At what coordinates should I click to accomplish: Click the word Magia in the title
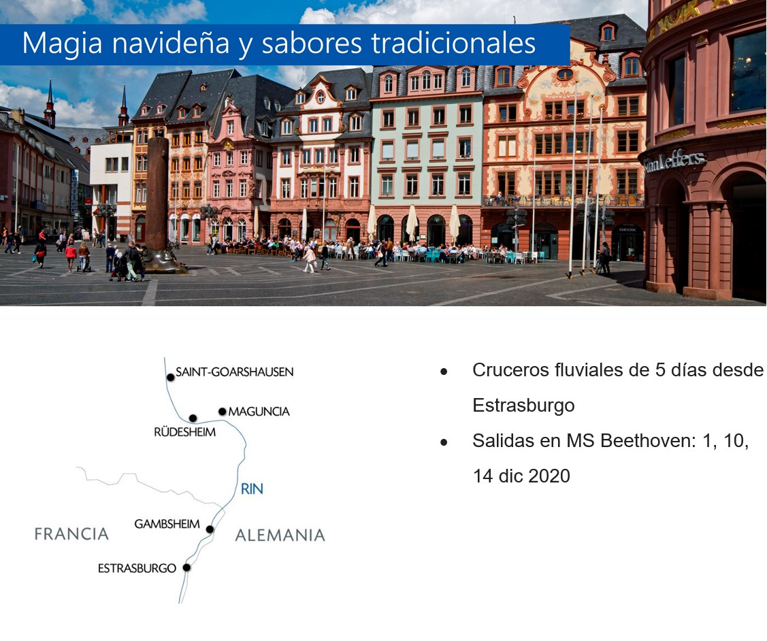pyautogui.click(x=62, y=43)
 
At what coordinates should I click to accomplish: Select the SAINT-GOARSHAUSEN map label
pyautogui.click(x=234, y=372)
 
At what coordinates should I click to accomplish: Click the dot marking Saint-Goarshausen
pyautogui.click(x=170, y=378)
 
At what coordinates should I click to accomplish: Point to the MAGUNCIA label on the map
pyautogui.click(x=259, y=412)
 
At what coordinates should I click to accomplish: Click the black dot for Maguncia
pyautogui.click(x=222, y=412)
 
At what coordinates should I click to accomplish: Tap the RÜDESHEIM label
pyautogui.click(x=184, y=431)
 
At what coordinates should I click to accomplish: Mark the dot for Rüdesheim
pyautogui.click(x=193, y=418)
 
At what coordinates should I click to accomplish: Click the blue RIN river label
pyautogui.click(x=252, y=489)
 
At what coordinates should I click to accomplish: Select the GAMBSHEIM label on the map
pyautogui.click(x=167, y=524)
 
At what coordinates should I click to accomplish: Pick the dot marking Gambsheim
pyautogui.click(x=210, y=529)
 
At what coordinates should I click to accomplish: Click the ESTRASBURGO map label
pyautogui.click(x=137, y=568)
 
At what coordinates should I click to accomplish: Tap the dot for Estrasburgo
pyautogui.click(x=186, y=568)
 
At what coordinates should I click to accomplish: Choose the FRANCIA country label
pyautogui.click(x=71, y=534)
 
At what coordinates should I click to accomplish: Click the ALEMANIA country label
pyautogui.click(x=280, y=535)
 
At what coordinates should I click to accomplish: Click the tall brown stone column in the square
pyautogui.click(x=157, y=195)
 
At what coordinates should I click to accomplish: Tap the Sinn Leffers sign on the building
pyautogui.click(x=674, y=161)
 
